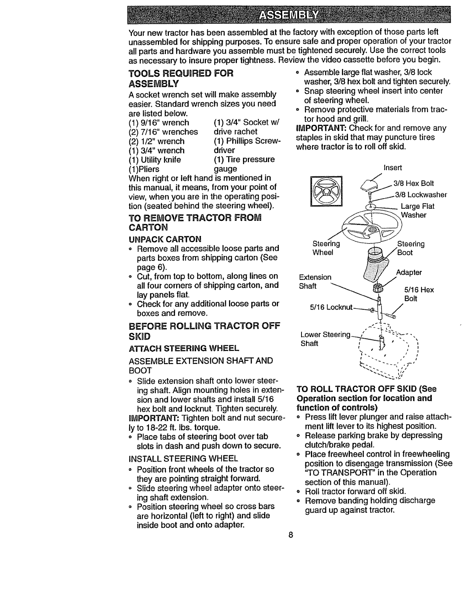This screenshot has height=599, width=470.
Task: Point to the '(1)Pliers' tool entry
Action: [144, 169]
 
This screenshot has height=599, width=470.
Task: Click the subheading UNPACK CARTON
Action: [165, 239]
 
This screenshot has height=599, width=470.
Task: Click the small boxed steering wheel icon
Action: [326, 192]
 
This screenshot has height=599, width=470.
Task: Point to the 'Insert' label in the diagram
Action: [392, 168]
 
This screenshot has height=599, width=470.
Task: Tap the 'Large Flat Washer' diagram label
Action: [417, 211]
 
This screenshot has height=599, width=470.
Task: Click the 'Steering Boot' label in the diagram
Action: [411, 248]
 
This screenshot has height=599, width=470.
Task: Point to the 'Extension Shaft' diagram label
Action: [315, 281]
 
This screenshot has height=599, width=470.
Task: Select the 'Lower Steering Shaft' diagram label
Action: [325, 339]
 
